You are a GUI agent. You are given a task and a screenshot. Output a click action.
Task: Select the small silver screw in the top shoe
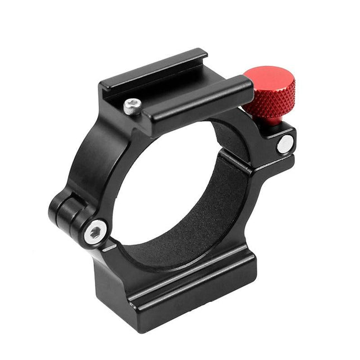[x=132, y=105]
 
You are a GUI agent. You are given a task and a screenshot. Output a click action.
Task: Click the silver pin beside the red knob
[x=285, y=143]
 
